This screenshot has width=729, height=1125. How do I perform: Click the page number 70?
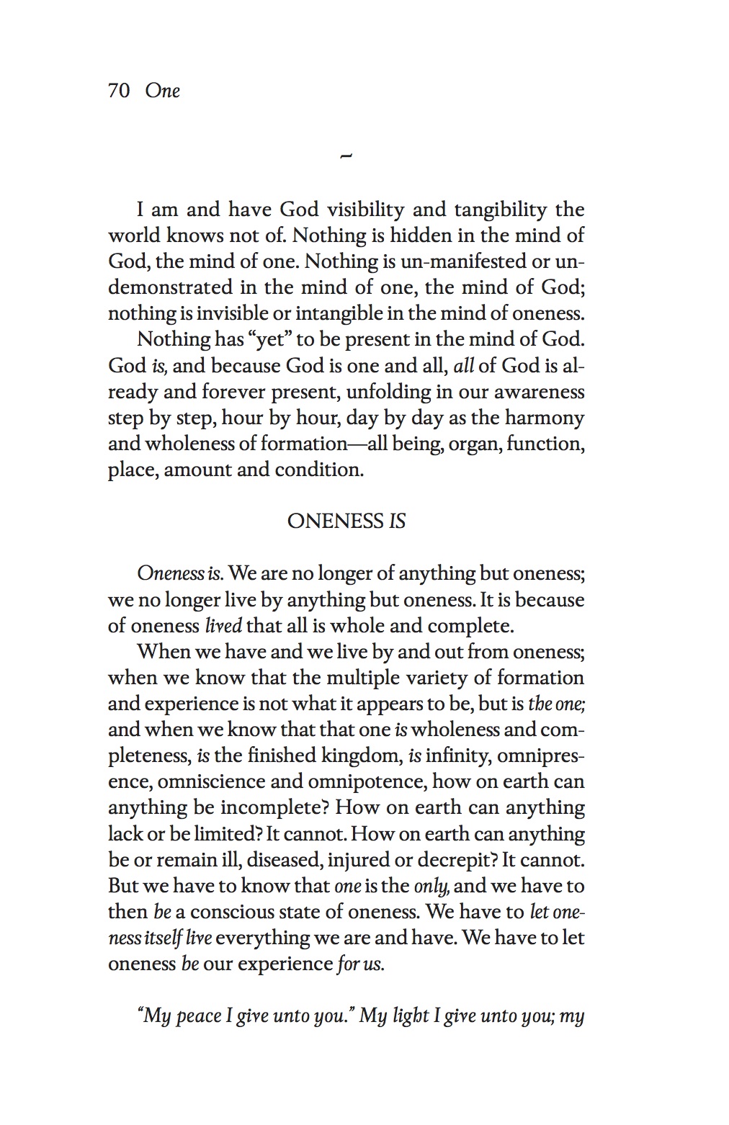[x=118, y=91]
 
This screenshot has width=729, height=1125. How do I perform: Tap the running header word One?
[x=162, y=91]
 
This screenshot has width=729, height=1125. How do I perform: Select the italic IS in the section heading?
[x=397, y=521]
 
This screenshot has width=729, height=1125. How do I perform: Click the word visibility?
[x=365, y=210]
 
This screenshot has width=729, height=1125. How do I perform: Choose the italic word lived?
[x=223, y=626]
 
